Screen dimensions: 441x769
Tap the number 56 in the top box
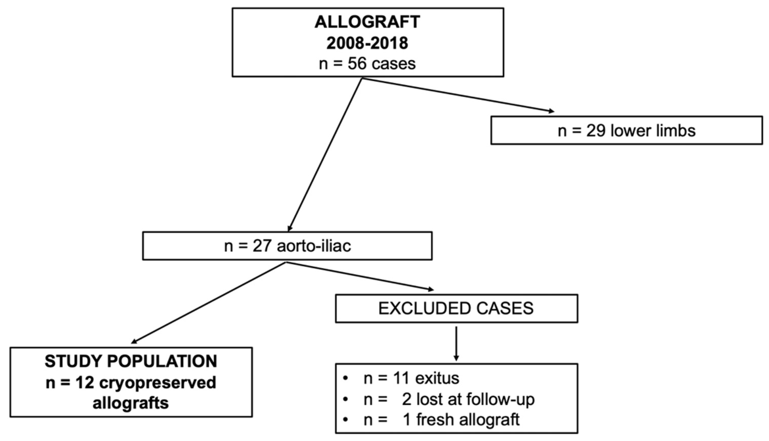tap(357, 64)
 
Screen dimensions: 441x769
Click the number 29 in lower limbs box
tap(596, 131)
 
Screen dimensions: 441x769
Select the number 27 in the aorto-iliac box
tap(262, 246)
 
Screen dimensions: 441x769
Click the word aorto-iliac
tap(314, 246)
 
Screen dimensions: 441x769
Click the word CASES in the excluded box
tap(505, 308)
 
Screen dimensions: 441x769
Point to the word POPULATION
tap(162, 361)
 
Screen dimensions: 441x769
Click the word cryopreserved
tap(158, 382)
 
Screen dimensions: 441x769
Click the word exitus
tap(437, 378)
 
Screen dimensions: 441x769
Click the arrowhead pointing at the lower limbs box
tap(551, 111)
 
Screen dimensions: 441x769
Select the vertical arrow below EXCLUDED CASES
tap(456, 344)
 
